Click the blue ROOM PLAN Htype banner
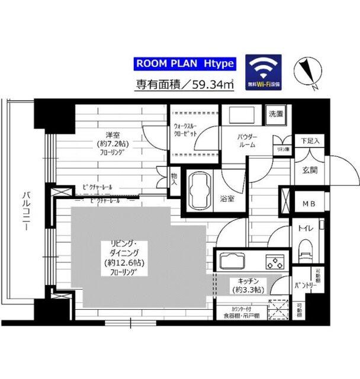pyautogui.click(x=185, y=63)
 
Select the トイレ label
pyautogui.click(x=306, y=227)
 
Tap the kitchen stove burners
pyautogui.click(x=274, y=260)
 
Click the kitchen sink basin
pyautogui.click(x=232, y=260)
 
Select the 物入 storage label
pyautogui.click(x=174, y=179)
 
